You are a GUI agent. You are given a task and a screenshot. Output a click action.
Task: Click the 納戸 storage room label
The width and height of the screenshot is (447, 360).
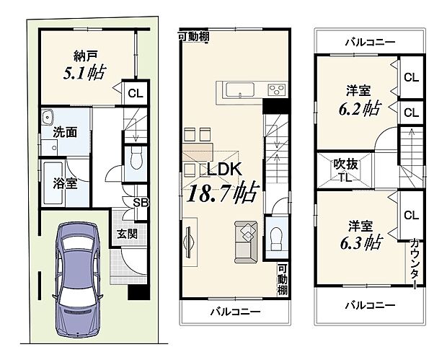pyautogui.click(x=79, y=54)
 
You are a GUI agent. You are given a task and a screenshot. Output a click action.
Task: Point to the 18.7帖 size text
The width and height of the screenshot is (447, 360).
pyautogui.click(x=223, y=193)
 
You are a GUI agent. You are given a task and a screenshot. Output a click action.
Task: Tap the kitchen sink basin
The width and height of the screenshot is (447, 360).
pyautogui.click(x=239, y=89)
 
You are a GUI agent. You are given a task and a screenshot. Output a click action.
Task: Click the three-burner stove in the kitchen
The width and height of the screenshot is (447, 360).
pyautogui.click(x=276, y=89)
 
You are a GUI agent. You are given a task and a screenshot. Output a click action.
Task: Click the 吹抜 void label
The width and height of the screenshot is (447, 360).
pyautogui.click(x=344, y=164)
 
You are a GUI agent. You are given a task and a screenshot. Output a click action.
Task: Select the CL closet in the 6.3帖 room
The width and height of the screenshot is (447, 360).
pyautogui.click(x=411, y=214)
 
